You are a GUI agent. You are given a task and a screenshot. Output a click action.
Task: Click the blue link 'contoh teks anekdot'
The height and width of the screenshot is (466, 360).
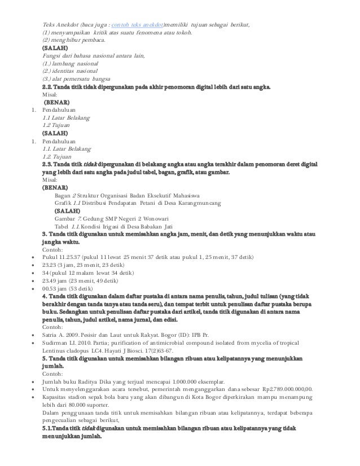click(137, 25)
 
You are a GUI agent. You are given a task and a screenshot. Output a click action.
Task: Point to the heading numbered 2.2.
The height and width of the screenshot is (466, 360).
click(156, 87)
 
